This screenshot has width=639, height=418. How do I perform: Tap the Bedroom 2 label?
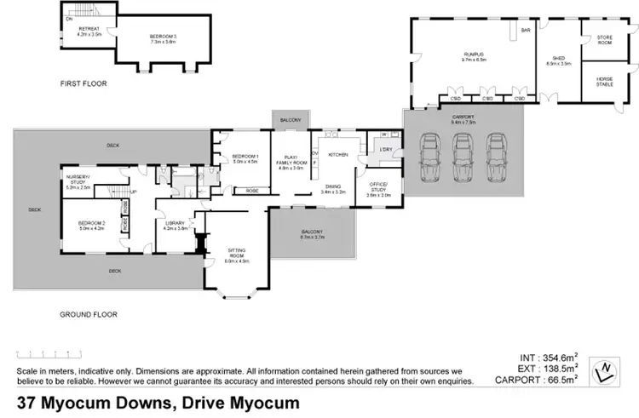(90, 226)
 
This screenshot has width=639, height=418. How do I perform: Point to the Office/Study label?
(378, 189)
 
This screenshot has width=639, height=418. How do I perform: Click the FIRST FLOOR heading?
(82, 84)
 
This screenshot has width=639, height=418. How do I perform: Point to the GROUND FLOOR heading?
(88, 314)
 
